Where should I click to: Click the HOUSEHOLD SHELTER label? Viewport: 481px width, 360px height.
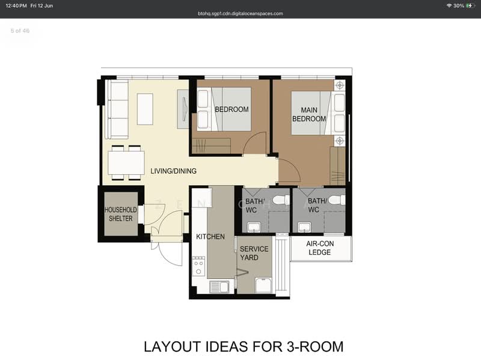coord(121,214)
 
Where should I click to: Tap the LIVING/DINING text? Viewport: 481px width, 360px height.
coord(173,171)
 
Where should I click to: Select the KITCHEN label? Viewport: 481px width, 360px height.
coord(210,237)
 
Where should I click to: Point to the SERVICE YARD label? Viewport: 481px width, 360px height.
coord(254,253)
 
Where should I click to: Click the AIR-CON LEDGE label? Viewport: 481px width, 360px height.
coord(320,248)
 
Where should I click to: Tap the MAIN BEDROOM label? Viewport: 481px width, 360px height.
coord(309,114)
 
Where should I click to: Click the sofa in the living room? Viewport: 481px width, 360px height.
coord(117,109)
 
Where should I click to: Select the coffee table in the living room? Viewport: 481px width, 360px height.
coord(145,109)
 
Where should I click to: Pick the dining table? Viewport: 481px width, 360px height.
coord(126,162)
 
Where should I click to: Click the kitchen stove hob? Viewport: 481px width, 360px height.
coord(198,266)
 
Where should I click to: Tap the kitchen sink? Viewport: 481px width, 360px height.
coord(219,287)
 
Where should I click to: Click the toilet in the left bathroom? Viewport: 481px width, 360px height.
coord(281,200)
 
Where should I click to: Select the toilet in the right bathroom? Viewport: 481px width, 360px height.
coord(337,200)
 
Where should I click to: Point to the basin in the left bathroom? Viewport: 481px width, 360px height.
coord(254,228)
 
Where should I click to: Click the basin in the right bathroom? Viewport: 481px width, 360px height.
coord(305,228)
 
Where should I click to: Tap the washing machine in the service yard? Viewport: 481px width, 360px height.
coord(263,285)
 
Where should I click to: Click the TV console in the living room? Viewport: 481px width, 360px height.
coord(183,109)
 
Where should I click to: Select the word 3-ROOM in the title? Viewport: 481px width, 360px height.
coord(315,347)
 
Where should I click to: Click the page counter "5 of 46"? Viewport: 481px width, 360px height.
coord(20,31)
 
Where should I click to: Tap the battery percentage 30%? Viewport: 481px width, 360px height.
coord(459,6)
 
